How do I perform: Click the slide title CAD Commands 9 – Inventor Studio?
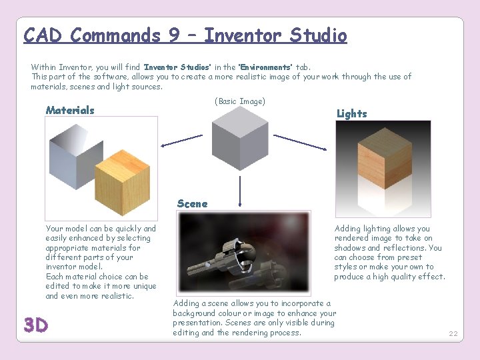tap(185, 35)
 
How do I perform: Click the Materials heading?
tap(70, 110)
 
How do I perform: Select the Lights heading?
tap(351, 113)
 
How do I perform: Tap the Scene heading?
tap(192, 203)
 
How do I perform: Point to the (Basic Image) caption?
tap(239, 101)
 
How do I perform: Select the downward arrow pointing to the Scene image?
tap(239, 191)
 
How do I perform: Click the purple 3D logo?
tap(36, 325)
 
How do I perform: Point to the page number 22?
tap(453, 333)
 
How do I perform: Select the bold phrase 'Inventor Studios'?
tap(177, 67)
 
